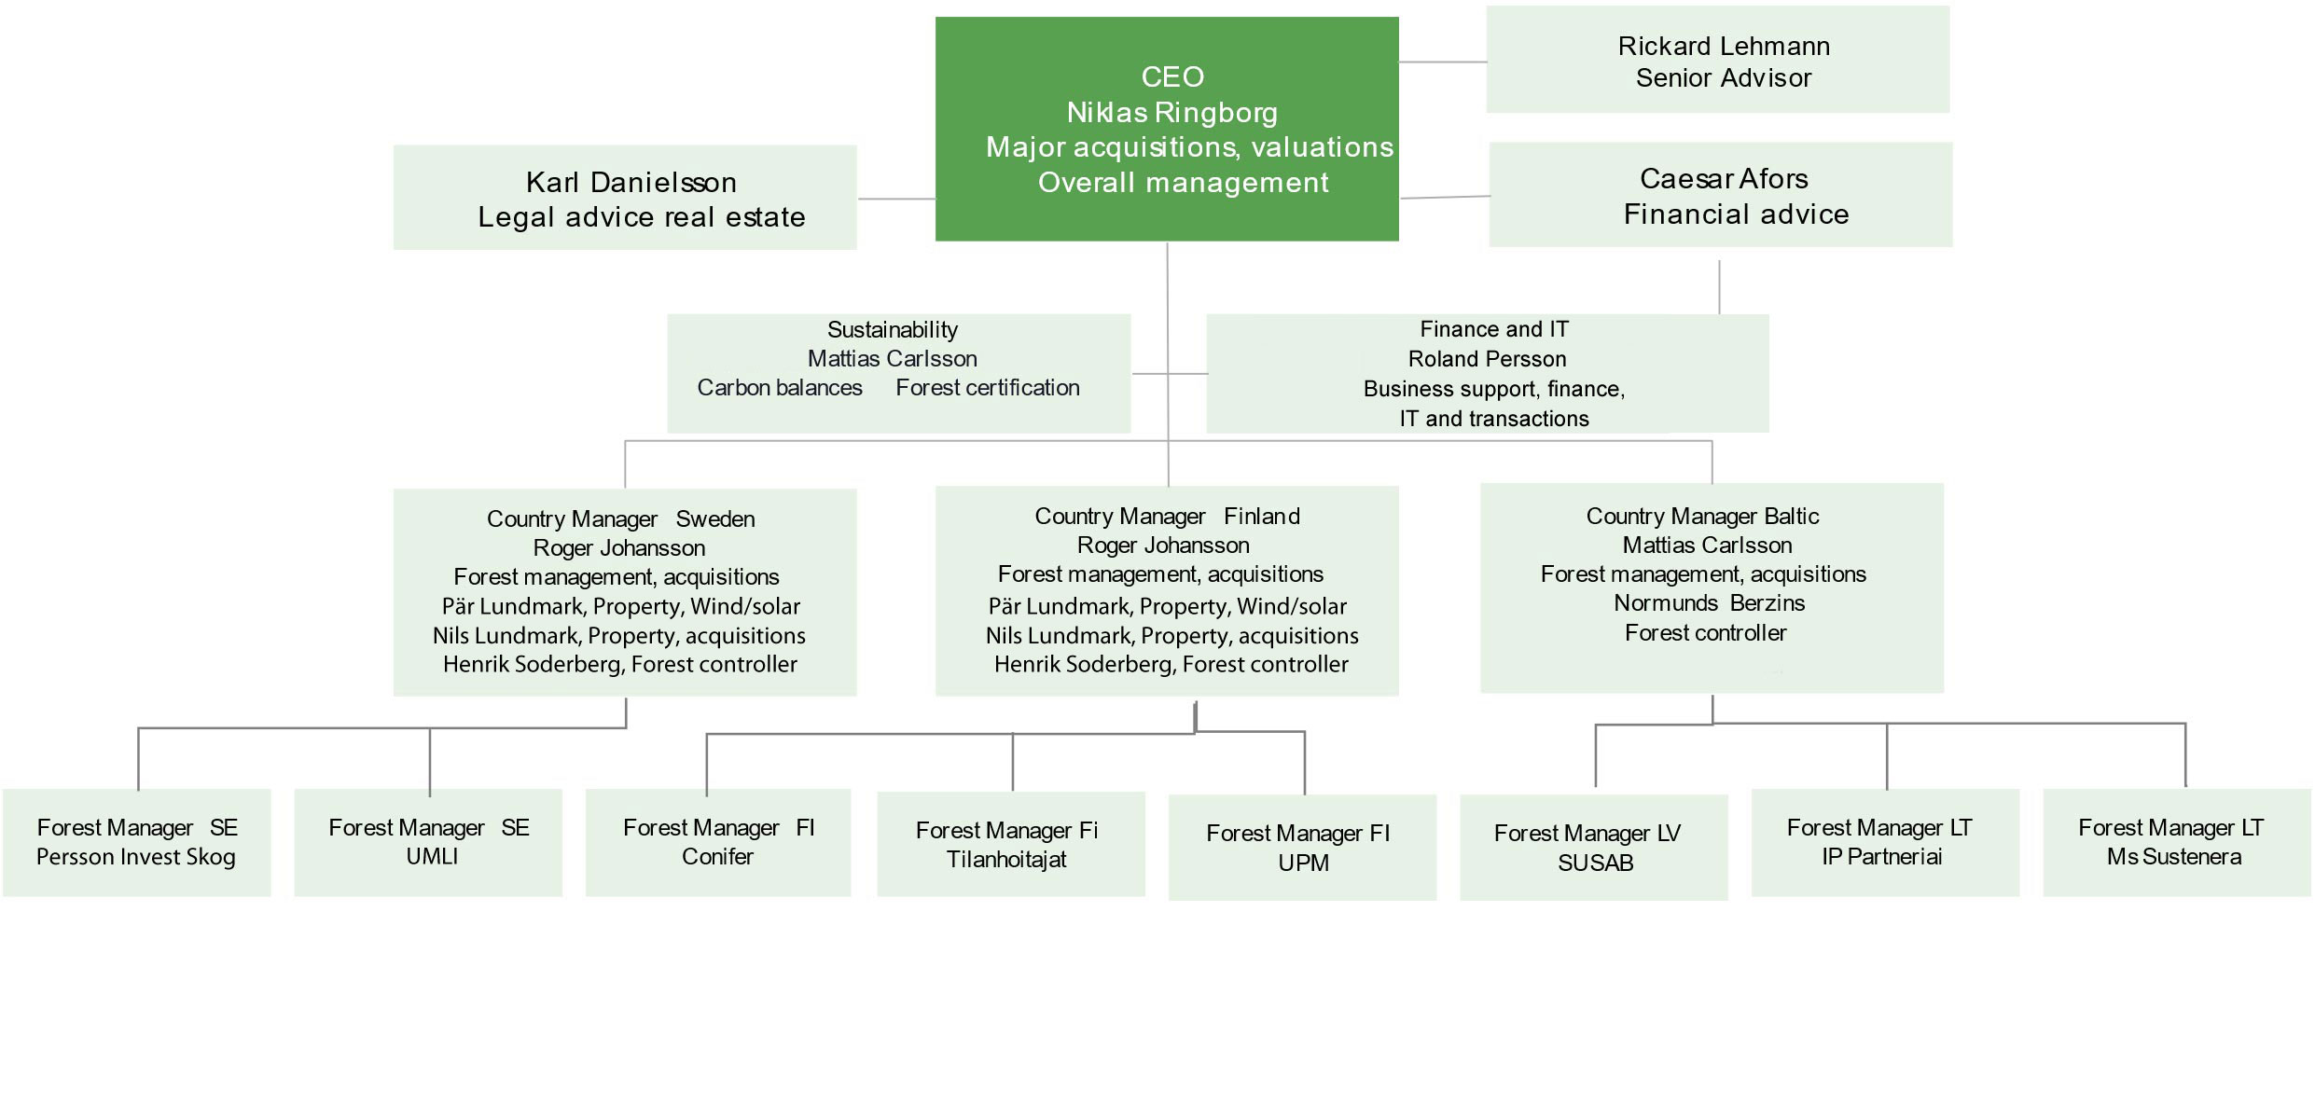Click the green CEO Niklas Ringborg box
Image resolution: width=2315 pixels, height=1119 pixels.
pos(1166,129)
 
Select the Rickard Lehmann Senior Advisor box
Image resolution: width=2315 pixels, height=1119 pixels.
pos(1717,60)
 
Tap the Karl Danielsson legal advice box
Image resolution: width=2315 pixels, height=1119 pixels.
pos(625,198)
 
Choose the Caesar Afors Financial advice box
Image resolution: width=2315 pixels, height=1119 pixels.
pos(1721,195)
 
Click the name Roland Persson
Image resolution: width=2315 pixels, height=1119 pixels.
pos(1487,359)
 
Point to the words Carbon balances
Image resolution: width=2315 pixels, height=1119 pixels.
pos(780,388)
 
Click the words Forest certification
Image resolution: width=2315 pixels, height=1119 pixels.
pos(988,388)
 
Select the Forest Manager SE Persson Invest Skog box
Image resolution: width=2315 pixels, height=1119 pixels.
pos(137,843)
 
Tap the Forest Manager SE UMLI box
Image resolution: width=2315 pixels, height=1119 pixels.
pos(428,843)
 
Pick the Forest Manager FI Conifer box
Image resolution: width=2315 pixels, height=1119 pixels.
pos(718,843)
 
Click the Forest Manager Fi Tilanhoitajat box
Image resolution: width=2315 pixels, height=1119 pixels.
pos(1011,845)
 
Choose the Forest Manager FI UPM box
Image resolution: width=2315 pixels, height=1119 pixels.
pos(1302,848)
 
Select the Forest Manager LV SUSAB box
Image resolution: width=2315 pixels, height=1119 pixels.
pos(1593,848)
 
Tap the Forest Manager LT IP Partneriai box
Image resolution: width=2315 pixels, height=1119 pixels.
pos(1885,843)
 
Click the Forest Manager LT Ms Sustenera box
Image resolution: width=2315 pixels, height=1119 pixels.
pos(2176,843)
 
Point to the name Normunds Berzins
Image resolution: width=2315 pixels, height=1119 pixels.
pos(1709,603)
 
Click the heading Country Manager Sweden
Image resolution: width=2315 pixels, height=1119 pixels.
pos(620,519)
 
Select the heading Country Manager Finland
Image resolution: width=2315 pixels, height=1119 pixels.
pos(1167,517)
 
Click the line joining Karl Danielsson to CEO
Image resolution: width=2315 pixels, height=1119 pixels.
pos(896,199)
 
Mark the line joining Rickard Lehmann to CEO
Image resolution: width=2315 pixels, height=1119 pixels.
pos(1443,62)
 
